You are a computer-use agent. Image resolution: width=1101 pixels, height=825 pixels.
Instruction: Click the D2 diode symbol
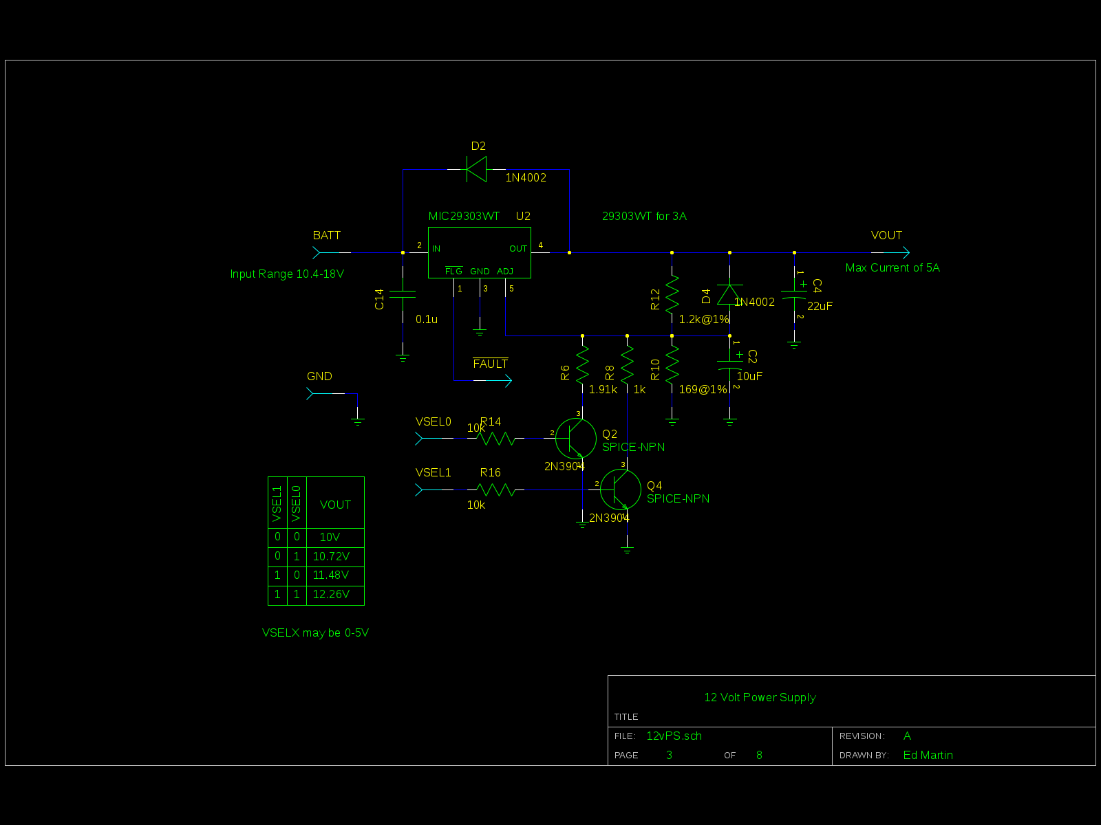pos(476,169)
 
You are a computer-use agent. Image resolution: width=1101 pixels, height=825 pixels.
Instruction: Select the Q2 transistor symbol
pos(576,439)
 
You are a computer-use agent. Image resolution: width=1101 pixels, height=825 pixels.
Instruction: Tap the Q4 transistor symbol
pos(621,490)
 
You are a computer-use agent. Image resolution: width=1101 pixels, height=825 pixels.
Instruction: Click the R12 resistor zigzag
pos(672,294)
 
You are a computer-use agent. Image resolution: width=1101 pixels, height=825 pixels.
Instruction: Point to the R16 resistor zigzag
pos(495,489)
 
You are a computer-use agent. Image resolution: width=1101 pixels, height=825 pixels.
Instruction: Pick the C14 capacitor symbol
pos(403,294)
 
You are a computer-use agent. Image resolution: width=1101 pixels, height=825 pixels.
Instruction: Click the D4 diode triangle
pos(729,294)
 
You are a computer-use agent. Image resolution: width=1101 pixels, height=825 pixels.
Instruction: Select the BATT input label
pos(327,235)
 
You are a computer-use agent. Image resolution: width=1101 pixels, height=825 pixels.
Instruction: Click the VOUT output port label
pos(886,235)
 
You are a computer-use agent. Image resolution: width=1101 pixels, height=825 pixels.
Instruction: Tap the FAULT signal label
pos(491,364)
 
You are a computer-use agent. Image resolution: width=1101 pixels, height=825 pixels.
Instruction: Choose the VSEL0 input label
pos(434,421)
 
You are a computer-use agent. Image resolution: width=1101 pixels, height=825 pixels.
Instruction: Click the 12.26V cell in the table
pos(331,595)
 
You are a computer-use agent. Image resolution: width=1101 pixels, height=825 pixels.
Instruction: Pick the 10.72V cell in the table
pos(331,556)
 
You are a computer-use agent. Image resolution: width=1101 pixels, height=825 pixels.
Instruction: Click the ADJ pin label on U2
pos(505,272)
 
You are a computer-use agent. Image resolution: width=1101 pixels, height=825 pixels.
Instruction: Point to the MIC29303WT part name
pos(464,217)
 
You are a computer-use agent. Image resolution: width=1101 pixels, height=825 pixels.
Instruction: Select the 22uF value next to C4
pos(820,306)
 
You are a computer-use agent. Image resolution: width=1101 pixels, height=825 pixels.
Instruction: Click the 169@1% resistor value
pos(703,390)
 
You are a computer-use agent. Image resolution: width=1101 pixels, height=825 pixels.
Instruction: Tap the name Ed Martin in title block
pos(928,756)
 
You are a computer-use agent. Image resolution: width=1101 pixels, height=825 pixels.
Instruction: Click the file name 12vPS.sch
pos(674,736)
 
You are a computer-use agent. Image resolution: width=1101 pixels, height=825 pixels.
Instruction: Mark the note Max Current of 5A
pos(892,268)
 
